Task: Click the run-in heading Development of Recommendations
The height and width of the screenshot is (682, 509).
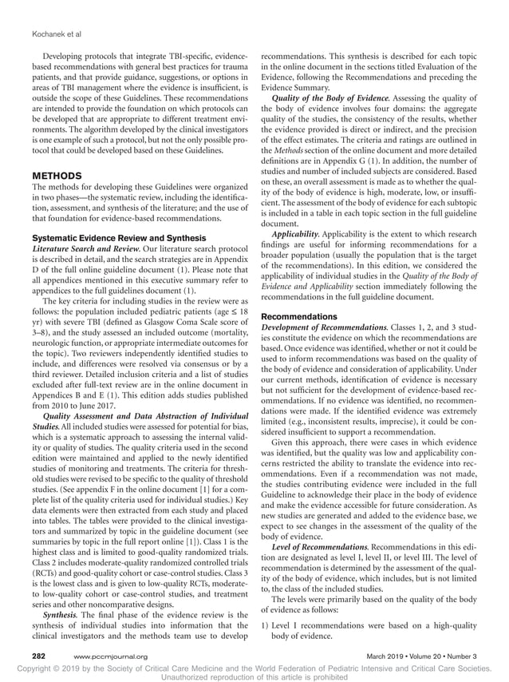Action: click(323, 327)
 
